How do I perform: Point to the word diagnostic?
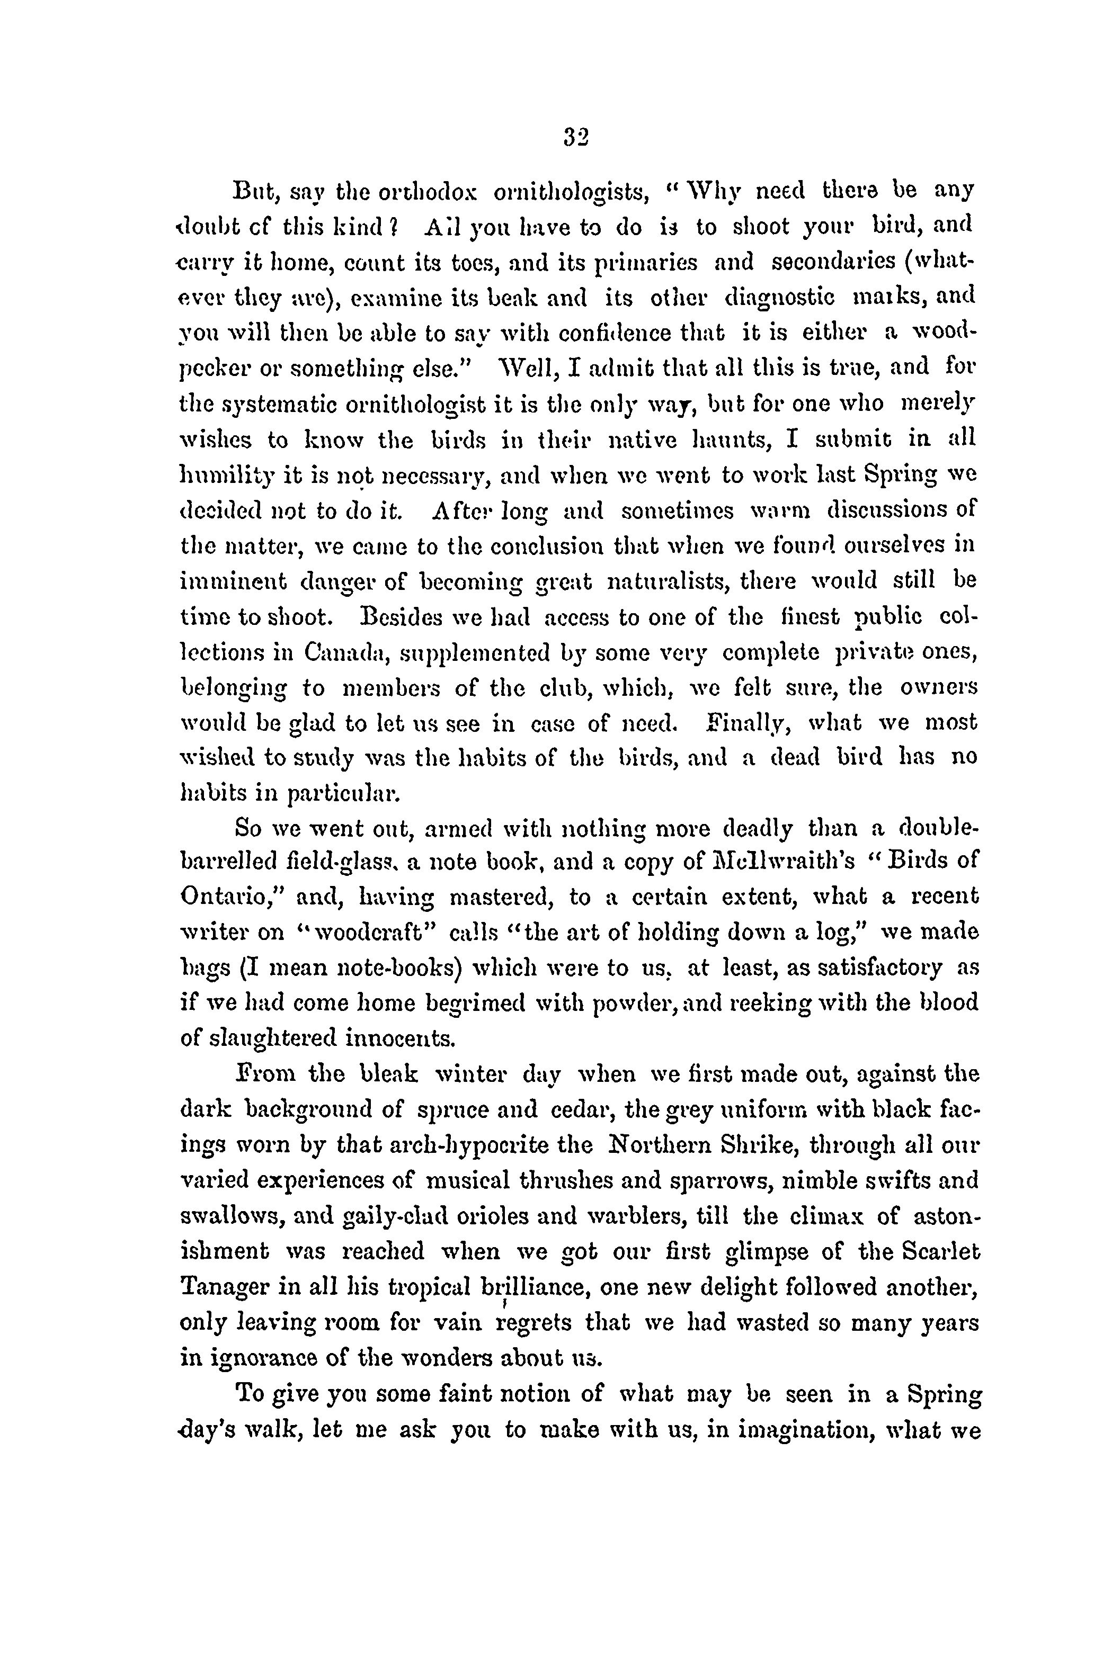click(779, 298)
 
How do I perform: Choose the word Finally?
click(741, 723)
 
